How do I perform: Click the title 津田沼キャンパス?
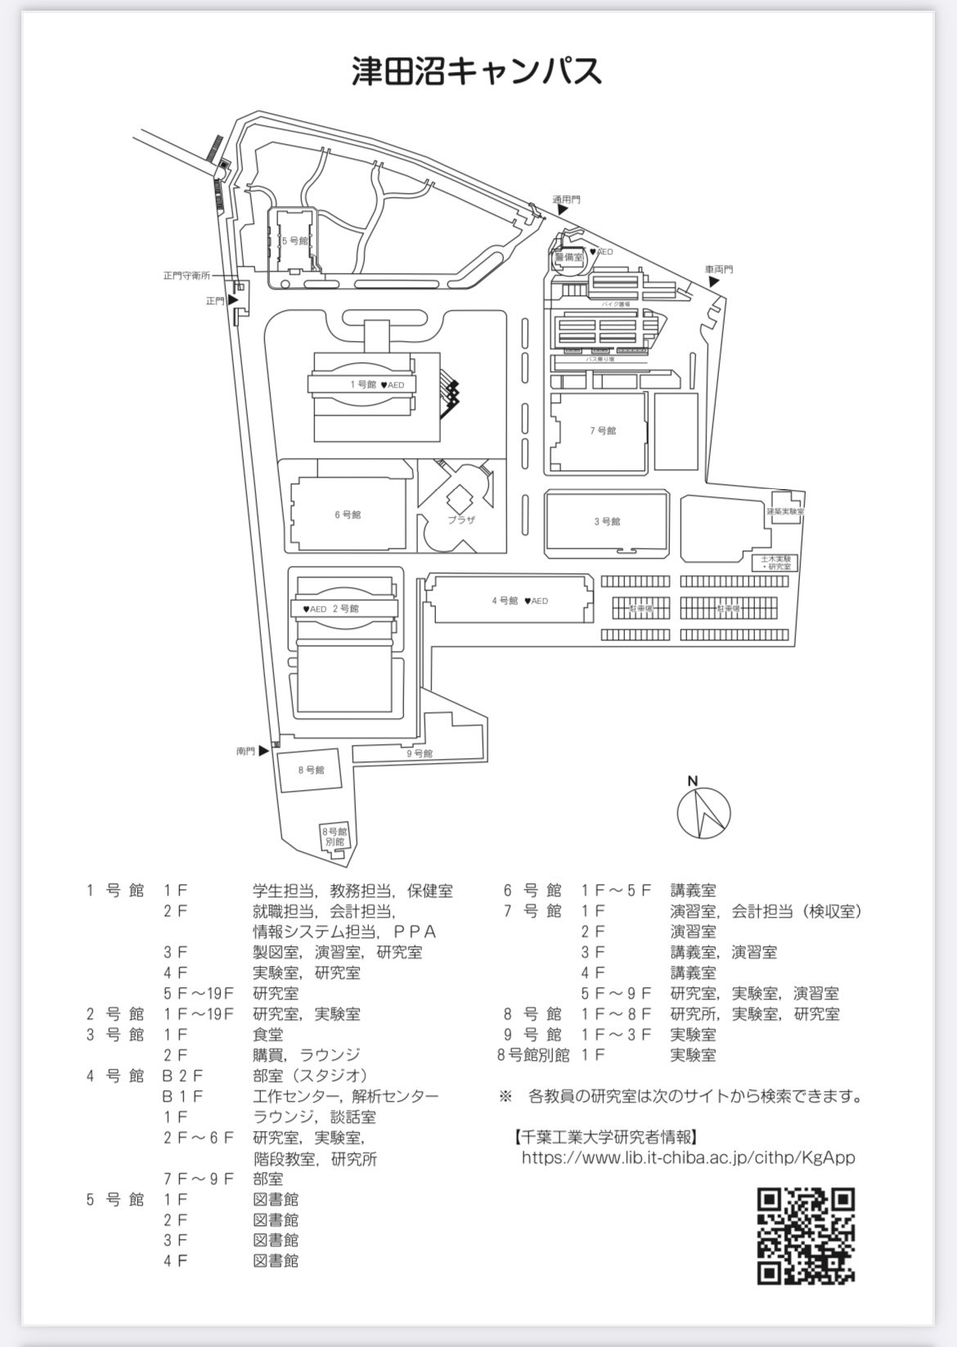[477, 71]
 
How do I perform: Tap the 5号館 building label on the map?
[294, 241]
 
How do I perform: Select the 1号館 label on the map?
[363, 384]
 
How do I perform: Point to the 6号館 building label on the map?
[348, 515]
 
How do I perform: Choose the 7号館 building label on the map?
[603, 431]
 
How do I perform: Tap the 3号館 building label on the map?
[607, 522]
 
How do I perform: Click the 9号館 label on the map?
[419, 753]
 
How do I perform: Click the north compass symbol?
[703, 811]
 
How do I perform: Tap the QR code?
[806, 1236]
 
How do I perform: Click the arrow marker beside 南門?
[263, 751]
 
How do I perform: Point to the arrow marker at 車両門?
[714, 281]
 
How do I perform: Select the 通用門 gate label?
[566, 200]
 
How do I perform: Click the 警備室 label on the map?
[568, 257]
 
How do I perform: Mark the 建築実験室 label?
[785, 511]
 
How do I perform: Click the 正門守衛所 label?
[186, 276]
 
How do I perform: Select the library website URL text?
[688, 1157]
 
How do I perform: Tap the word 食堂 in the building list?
[268, 1035]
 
